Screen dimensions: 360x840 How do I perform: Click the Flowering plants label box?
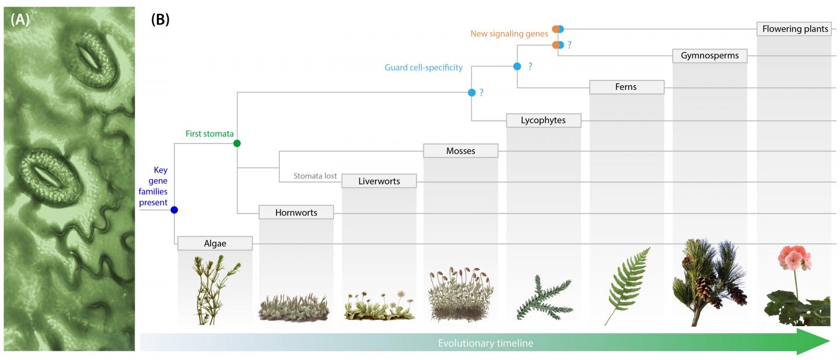(x=795, y=29)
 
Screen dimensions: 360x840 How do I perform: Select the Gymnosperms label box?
(x=709, y=56)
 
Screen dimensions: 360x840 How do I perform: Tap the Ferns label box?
(x=626, y=87)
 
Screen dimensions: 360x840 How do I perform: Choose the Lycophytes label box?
(x=543, y=121)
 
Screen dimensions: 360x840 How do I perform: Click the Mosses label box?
(x=460, y=151)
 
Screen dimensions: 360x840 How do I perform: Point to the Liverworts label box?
(x=379, y=181)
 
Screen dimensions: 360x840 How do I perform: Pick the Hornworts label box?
(x=296, y=212)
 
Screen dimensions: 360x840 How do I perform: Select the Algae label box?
(x=215, y=243)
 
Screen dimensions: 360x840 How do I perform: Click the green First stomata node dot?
(x=237, y=143)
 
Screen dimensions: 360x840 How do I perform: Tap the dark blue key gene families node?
(x=174, y=210)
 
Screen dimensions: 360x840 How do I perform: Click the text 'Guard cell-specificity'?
(x=423, y=68)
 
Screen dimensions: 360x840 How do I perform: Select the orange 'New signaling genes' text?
(x=509, y=34)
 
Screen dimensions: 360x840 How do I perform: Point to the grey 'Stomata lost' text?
(x=315, y=176)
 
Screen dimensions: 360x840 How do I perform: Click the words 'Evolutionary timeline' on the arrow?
(x=485, y=343)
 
